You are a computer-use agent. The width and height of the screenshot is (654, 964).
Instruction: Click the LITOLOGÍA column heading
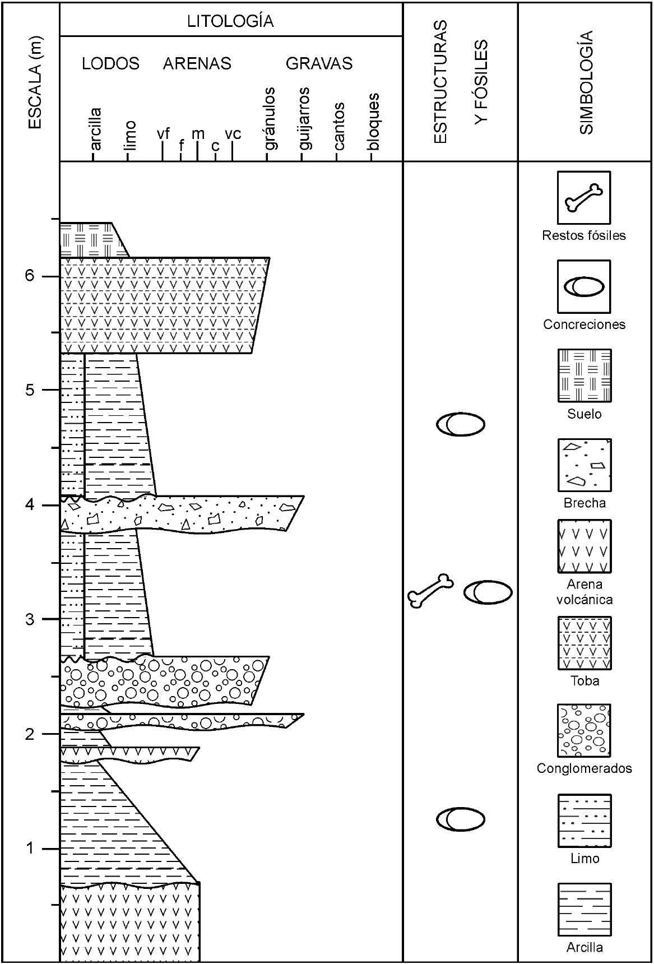pos(230,21)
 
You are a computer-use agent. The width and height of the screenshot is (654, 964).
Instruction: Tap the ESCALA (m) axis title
pos(35,82)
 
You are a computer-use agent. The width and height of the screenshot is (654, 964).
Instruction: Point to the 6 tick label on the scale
pos(30,276)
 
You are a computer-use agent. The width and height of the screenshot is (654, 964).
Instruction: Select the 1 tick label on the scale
pos(30,848)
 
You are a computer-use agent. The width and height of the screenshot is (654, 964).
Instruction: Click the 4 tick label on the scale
pos(30,504)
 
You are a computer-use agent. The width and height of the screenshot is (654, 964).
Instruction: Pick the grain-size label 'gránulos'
pos(270,119)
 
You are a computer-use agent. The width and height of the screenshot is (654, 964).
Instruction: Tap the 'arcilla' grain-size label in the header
pos(95,129)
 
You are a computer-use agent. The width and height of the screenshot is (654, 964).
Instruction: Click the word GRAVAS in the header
pos(319,63)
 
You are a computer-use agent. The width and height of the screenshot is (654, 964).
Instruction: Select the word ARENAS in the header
pos(197,63)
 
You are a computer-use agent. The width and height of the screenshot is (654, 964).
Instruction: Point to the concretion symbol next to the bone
pos(488,592)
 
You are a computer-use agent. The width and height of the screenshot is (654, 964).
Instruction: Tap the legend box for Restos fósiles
pos(584,197)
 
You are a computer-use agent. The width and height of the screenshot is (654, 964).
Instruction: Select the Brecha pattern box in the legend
pos(584,465)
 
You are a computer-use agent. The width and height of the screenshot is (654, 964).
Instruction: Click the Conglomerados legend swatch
pos(584,730)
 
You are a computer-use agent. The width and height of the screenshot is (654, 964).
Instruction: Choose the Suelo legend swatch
pos(584,376)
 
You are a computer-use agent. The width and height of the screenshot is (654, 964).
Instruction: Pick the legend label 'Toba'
pos(585,681)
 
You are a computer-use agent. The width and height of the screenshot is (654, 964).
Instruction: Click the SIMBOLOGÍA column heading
pos(586,82)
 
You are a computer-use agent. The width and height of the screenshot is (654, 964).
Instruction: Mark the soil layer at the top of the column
pos(90,240)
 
